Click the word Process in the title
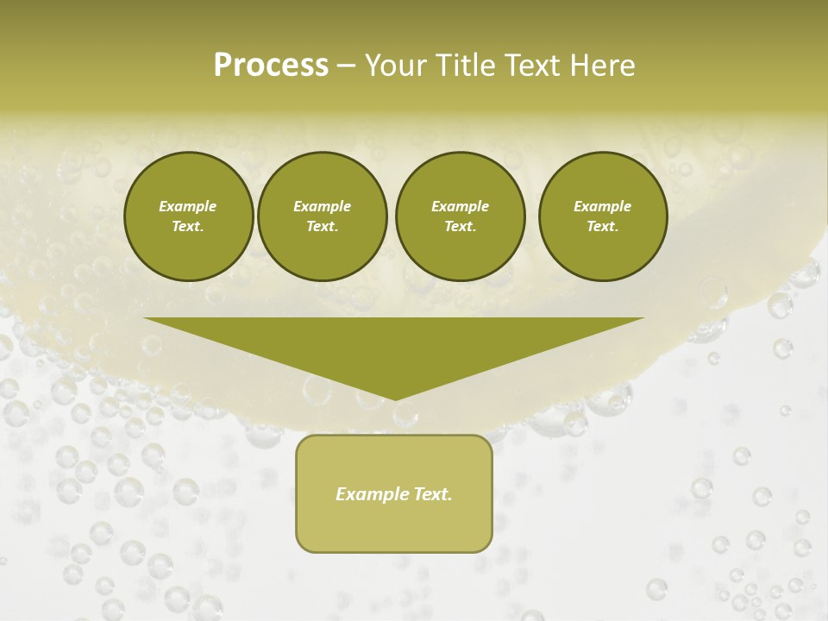click(271, 66)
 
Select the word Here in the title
click(601, 66)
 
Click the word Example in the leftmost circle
click(188, 206)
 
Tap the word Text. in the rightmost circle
click(603, 227)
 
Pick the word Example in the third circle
click(460, 206)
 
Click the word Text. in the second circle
click(323, 227)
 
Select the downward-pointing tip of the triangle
click(394, 398)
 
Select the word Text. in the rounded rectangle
click(432, 494)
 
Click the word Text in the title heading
click(530, 66)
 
